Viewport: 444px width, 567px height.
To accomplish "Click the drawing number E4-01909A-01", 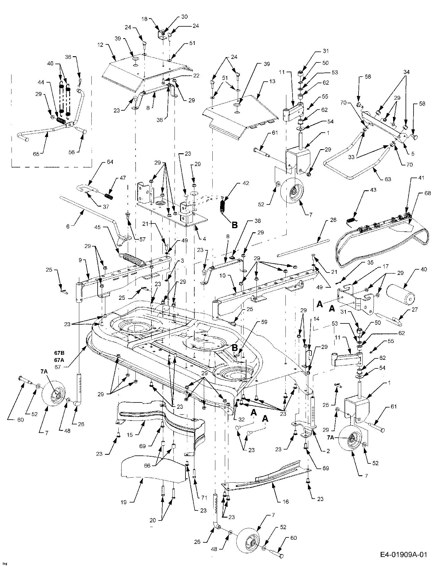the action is (404, 554).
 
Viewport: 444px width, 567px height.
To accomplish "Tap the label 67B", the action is (59, 353).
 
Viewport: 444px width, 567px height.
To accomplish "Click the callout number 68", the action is (427, 193).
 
